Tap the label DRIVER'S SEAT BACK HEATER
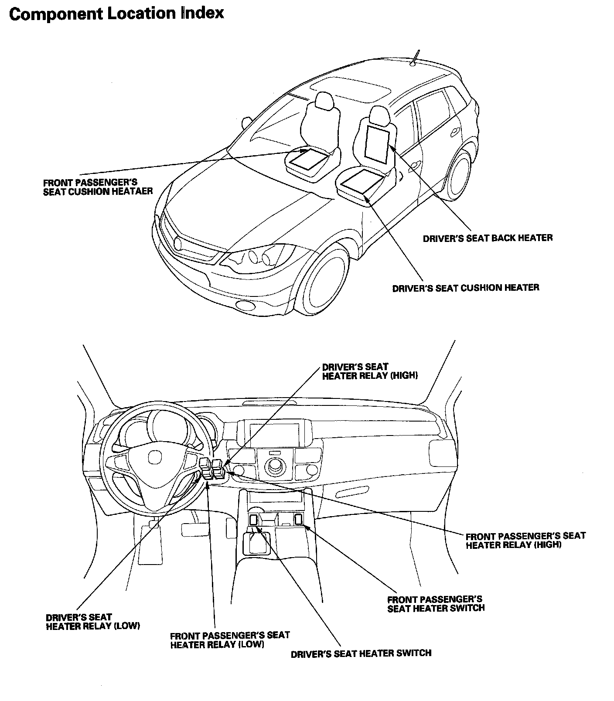pyautogui.click(x=488, y=238)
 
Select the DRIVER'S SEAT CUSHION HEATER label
pyautogui.click(x=465, y=288)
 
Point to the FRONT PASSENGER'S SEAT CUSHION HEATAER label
pyautogui.click(x=98, y=187)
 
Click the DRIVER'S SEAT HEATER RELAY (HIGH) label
pyautogui.click(x=370, y=371)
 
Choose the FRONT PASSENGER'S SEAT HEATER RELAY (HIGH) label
pyautogui.click(x=525, y=540)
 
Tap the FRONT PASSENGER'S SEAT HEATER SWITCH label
pyautogui.click(x=436, y=604)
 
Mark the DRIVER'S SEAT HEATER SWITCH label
pyautogui.click(x=361, y=653)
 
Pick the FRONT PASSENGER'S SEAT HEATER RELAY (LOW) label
pyautogui.click(x=230, y=640)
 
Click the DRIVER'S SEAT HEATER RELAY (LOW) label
pyautogui.click(x=92, y=622)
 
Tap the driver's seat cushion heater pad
pyautogui.click(x=362, y=180)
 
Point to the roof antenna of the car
pyautogui.click(x=416, y=57)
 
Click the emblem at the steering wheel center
pyautogui.click(x=154, y=457)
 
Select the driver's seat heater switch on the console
pyautogui.click(x=253, y=519)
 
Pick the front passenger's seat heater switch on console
pyautogui.click(x=299, y=519)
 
